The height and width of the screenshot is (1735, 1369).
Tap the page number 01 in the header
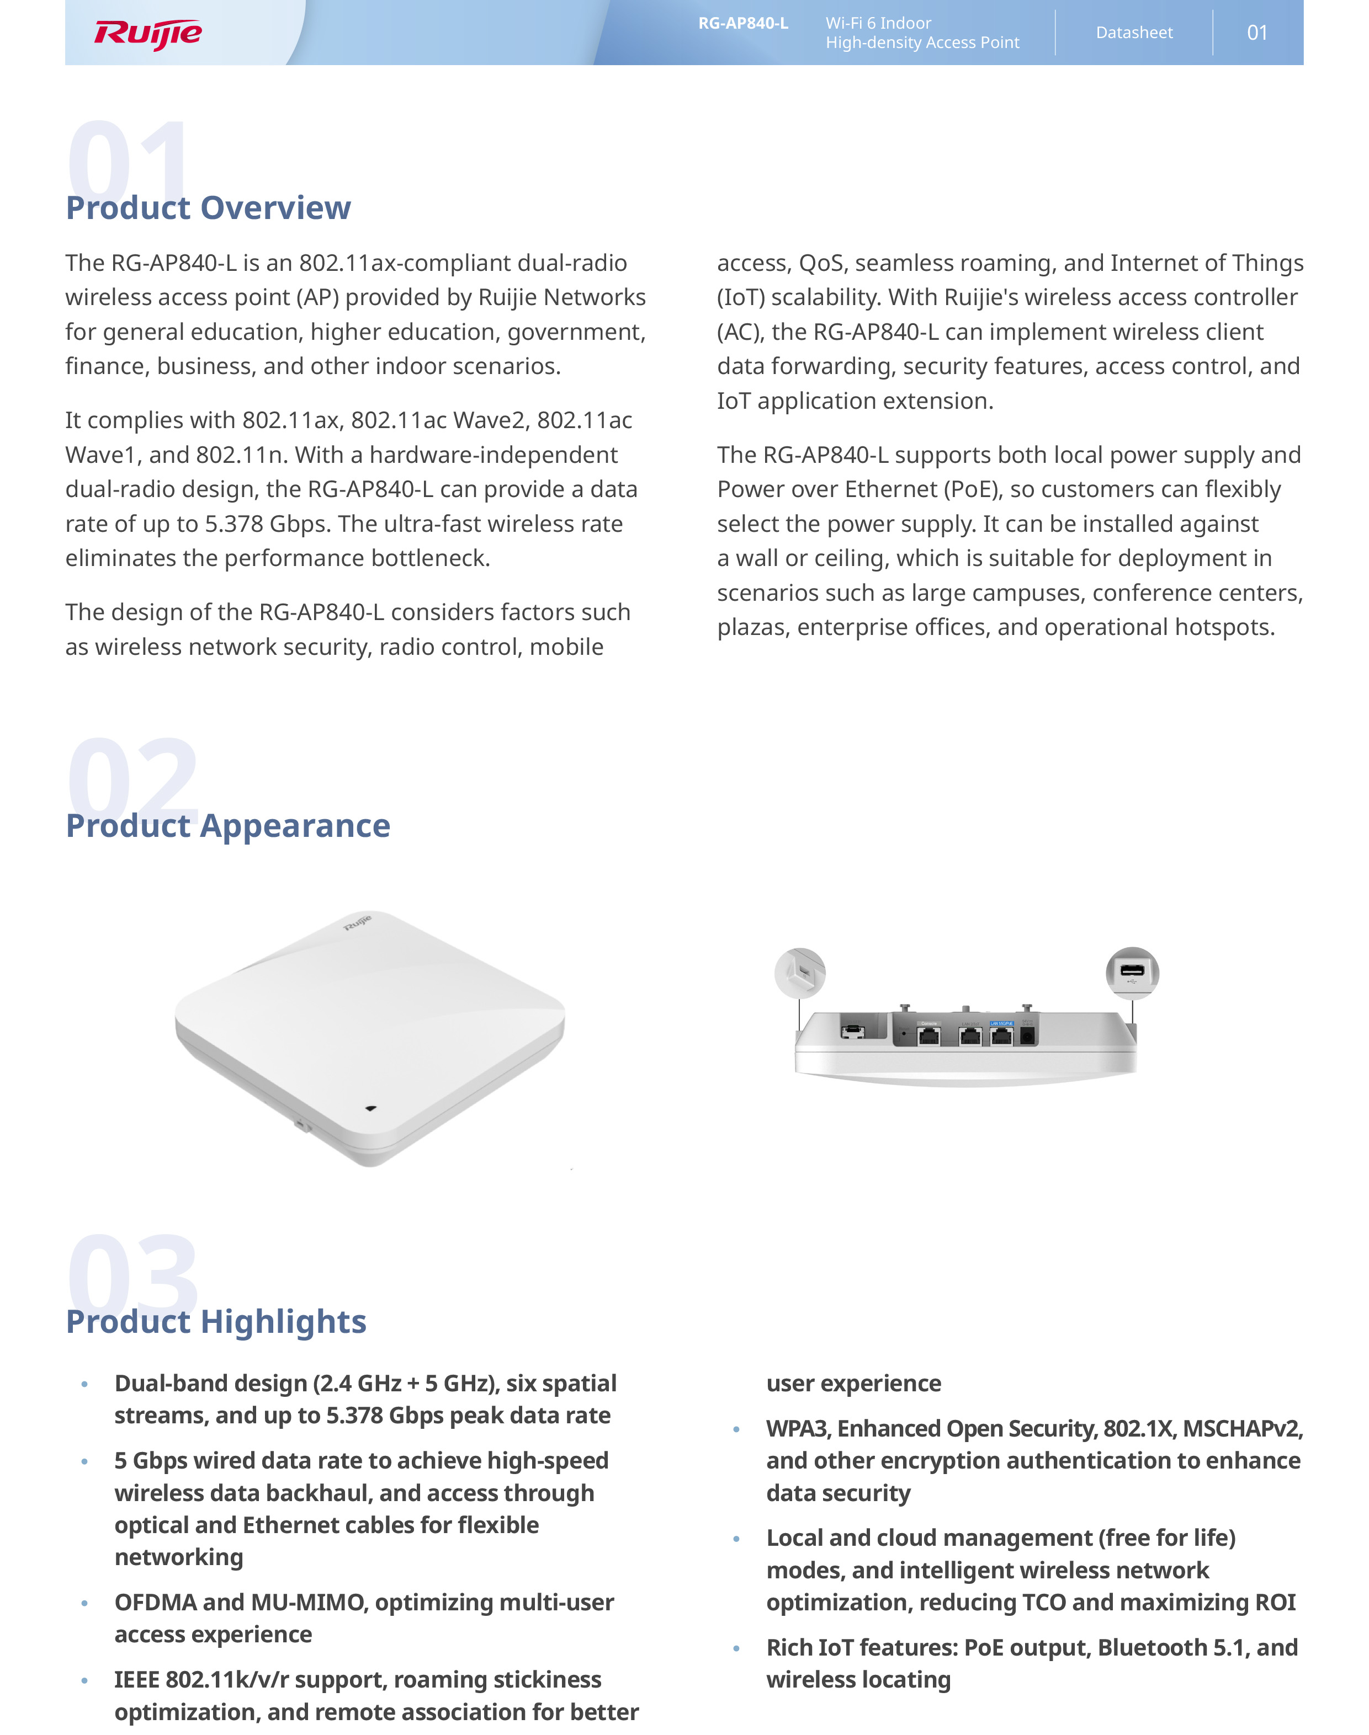[1257, 33]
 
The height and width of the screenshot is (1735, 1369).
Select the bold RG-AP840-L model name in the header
[743, 23]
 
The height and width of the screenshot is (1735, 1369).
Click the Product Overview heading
[209, 207]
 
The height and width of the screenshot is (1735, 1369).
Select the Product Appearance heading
[227, 825]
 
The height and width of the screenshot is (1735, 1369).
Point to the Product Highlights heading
[216, 1321]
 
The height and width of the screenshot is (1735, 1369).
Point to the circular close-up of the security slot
[800, 973]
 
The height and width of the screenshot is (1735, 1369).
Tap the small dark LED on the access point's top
[370, 1109]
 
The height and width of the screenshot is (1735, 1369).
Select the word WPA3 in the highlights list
[797, 1428]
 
